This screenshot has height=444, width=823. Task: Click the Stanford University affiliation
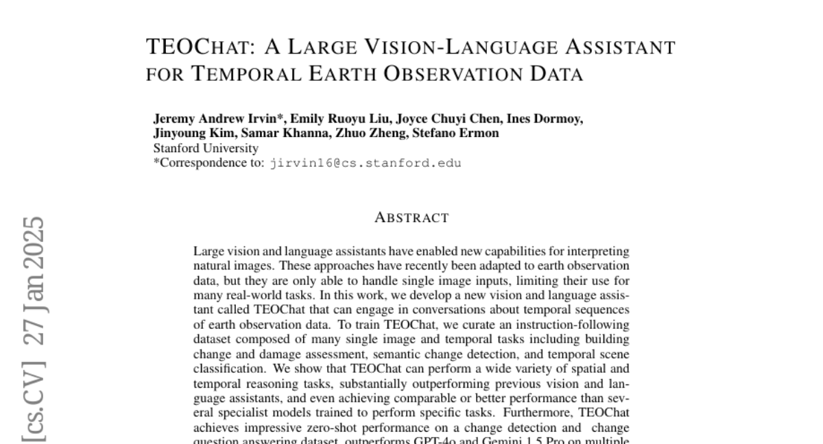point(206,148)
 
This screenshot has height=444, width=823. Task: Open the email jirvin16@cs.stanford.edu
point(366,163)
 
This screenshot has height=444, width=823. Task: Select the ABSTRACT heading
point(411,219)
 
